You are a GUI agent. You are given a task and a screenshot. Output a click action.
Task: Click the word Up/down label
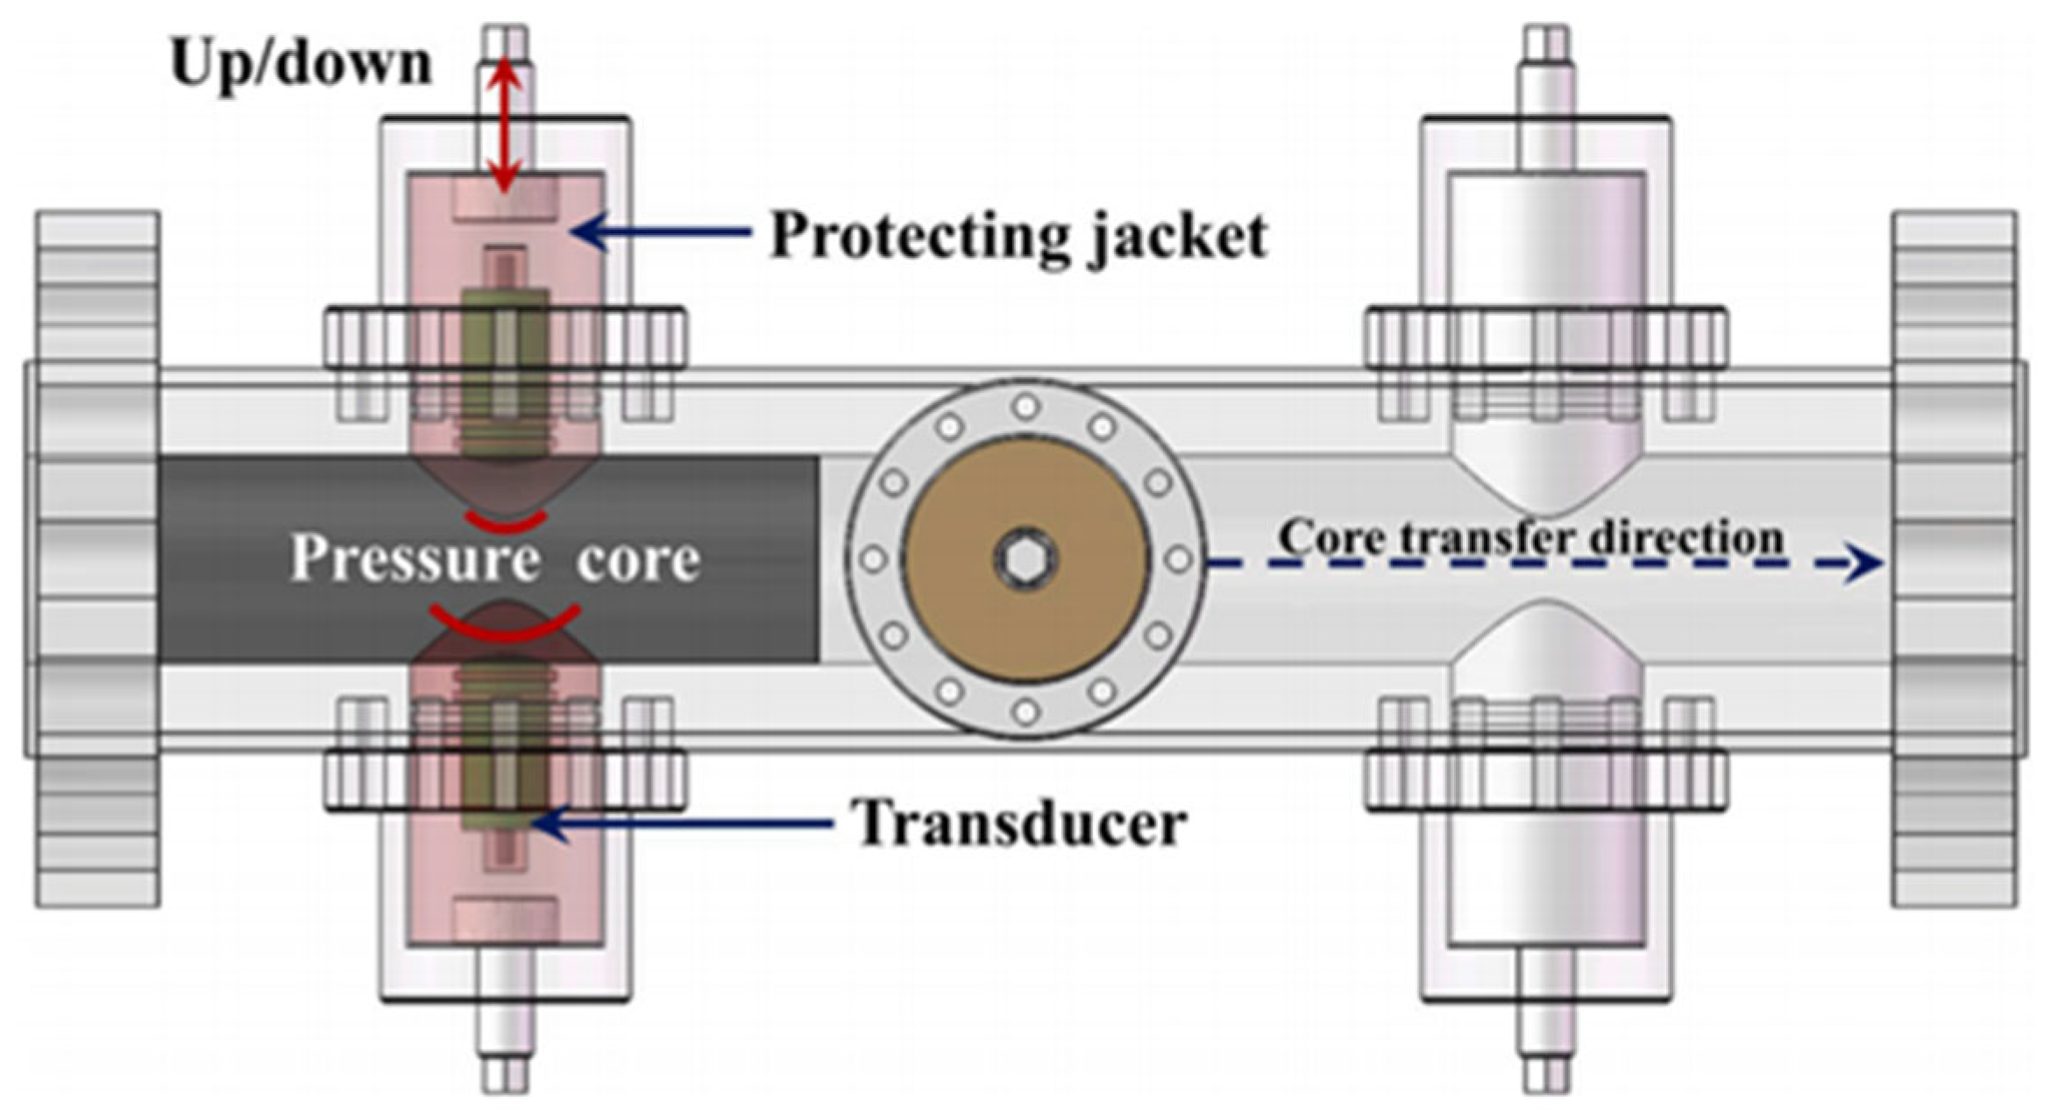click(301, 64)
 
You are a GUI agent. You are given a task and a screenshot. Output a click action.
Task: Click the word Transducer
click(1021, 823)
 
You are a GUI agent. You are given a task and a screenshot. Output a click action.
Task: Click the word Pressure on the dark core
click(415, 558)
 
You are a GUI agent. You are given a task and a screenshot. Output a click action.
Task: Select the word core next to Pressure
click(638, 558)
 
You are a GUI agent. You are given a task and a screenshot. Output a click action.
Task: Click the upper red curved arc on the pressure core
click(506, 522)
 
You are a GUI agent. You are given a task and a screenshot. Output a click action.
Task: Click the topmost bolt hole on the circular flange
click(1025, 407)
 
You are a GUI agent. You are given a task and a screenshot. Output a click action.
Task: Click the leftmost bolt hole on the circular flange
click(874, 558)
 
